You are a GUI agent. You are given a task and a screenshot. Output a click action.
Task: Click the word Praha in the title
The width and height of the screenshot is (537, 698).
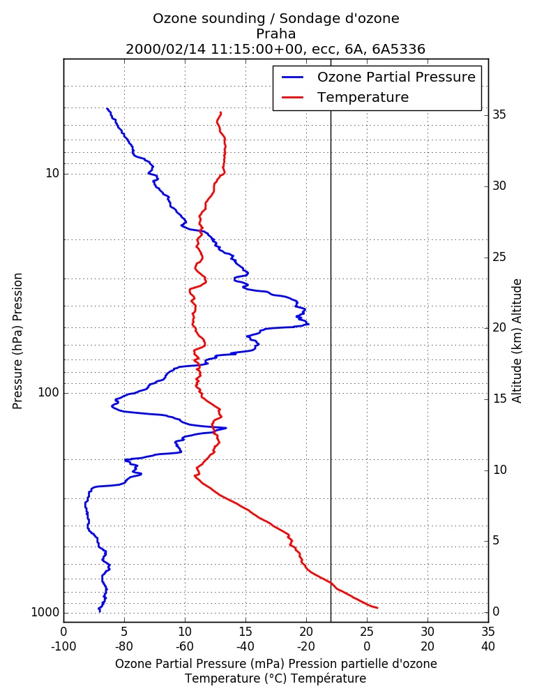(276, 34)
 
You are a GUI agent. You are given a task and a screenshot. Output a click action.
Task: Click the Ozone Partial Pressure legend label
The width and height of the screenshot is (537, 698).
(396, 77)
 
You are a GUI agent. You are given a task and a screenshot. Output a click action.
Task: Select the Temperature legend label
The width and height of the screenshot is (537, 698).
(363, 97)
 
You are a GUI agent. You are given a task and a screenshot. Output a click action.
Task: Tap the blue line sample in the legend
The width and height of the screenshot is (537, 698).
(292, 77)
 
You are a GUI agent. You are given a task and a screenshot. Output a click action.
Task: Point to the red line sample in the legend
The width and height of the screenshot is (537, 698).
(292, 98)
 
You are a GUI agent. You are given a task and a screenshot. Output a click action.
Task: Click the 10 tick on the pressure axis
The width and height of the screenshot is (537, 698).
(52, 173)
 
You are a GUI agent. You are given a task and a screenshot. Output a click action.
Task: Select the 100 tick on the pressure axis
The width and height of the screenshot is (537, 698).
(49, 392)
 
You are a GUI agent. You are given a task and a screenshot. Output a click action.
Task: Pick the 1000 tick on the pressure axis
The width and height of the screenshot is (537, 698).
(45, 613)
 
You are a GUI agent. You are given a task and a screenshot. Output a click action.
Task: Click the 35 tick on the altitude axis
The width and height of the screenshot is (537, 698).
(499, 115)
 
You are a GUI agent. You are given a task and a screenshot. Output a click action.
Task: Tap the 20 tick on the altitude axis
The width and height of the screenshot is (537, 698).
(499, 327)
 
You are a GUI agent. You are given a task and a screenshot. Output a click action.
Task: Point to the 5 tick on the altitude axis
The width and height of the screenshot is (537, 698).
(496, 540)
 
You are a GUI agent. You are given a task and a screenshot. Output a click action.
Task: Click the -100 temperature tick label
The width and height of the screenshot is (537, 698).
(63, 646)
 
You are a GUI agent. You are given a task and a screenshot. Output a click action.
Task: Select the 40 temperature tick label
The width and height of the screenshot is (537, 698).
(488, 646)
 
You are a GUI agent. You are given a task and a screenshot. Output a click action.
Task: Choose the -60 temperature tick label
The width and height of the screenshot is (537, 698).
(185, 646)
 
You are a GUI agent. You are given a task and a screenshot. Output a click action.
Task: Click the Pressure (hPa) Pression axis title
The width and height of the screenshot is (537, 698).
(17, 341)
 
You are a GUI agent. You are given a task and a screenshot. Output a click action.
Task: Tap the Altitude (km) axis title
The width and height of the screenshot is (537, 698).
(517, 341)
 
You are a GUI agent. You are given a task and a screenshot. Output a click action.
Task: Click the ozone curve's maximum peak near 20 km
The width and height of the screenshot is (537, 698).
(308, 324)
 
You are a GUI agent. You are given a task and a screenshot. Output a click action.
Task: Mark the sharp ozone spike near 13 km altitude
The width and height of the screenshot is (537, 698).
(225, 429)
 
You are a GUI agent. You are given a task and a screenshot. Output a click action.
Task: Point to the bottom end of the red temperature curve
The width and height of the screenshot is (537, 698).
(377, 608)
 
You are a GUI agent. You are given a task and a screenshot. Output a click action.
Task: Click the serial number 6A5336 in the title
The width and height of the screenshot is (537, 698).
(399, 49)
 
